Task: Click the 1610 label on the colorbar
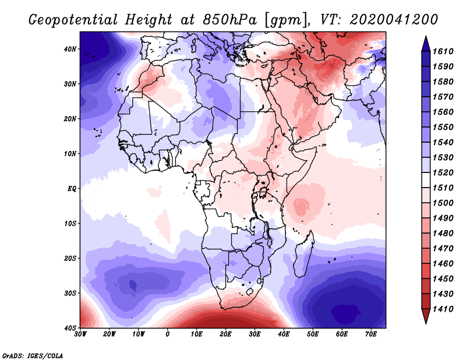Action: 443,51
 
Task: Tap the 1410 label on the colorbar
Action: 443,309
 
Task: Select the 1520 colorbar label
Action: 443,172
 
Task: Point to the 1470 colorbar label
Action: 443,248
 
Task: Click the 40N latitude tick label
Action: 70,49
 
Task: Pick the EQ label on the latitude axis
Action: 72,189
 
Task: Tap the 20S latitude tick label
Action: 70,258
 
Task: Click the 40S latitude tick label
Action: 70,328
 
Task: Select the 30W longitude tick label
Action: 80,334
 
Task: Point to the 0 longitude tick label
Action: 168,334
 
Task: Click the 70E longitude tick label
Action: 371,334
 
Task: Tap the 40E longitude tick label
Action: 284,334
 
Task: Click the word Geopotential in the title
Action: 73,20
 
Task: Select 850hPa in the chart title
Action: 230,20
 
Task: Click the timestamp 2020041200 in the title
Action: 394,19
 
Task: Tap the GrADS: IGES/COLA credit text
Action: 33,355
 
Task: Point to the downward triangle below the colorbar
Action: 426,316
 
